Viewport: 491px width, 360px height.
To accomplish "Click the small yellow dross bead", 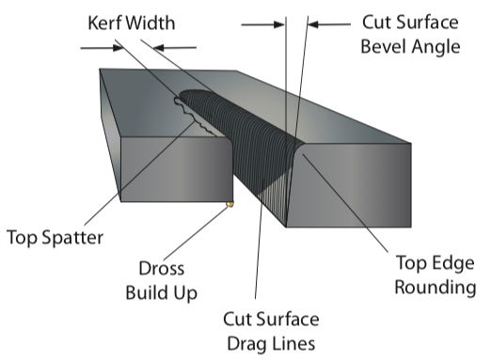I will pos(230,203).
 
